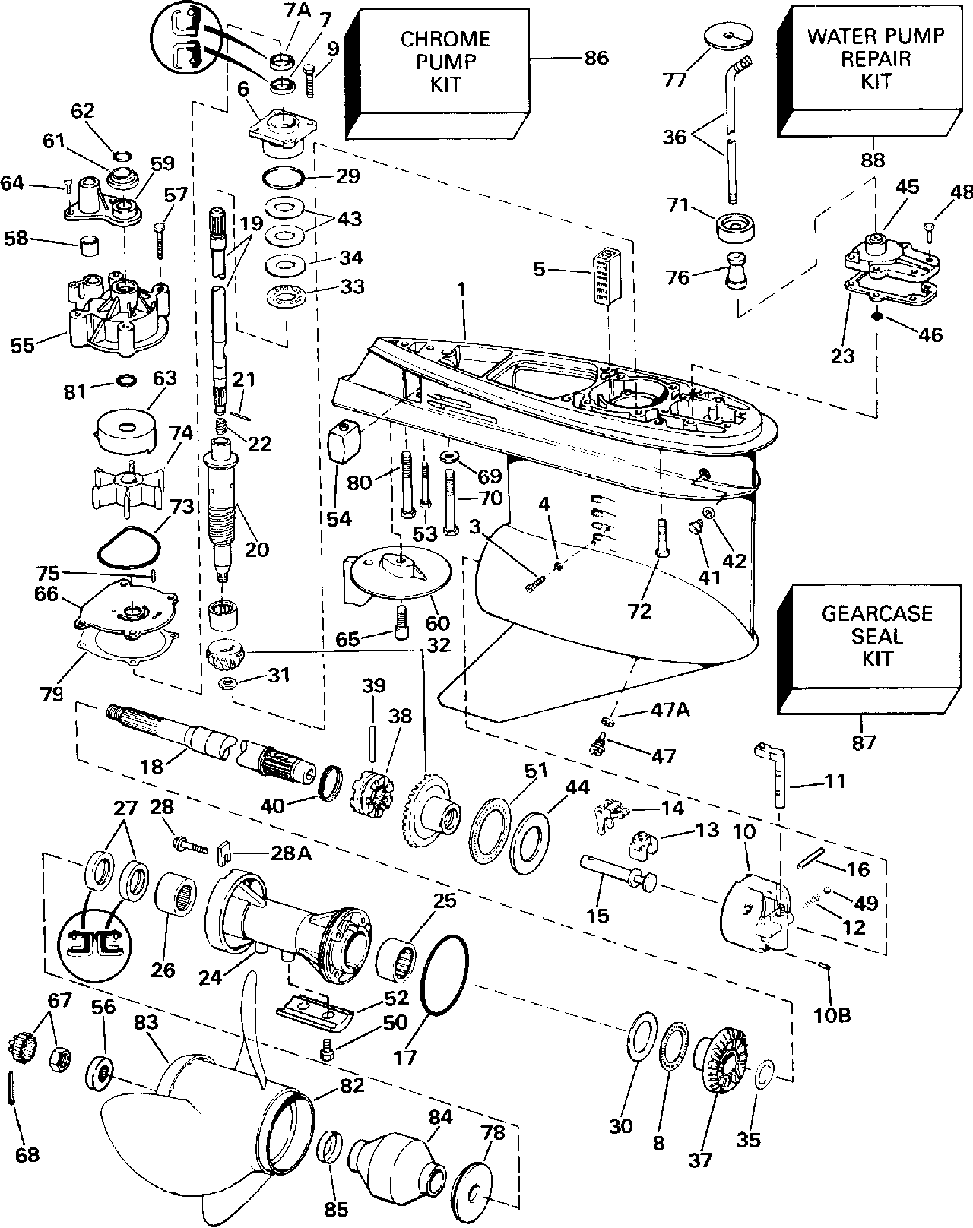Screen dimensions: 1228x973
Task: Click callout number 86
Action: pos(597,58)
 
